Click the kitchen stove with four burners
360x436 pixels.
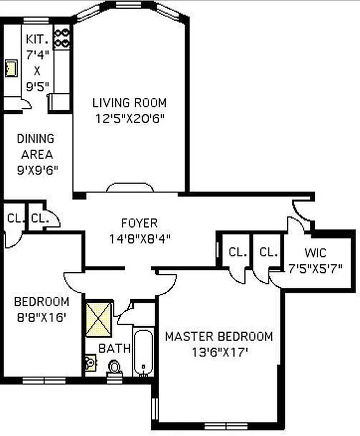click(62, 37)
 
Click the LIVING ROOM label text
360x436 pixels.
click(129, 102)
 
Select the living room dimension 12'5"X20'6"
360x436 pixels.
click(129, 117)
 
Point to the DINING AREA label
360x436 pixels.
click(35, 146)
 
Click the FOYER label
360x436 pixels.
click(139, 223)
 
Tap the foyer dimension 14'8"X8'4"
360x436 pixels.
click(139, 238)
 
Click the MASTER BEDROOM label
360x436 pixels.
click(219, 336)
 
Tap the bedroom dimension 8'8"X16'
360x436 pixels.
click(41, 316)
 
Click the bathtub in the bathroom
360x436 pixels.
click(143, 353)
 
